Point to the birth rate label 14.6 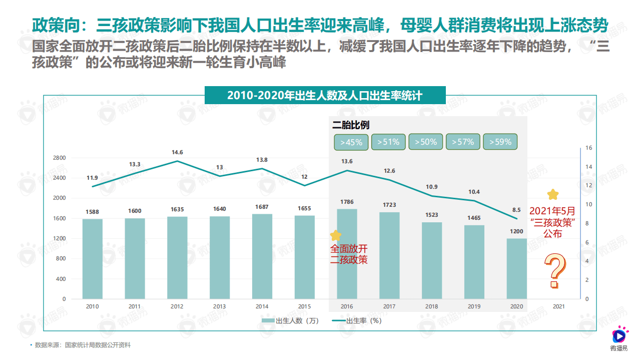pos(177,152)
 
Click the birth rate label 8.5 pos(516,210)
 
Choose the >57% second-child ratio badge pos(463,142)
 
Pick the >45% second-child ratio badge pos(351,142)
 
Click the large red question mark pos(554,271)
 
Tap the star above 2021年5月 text pos(552,194)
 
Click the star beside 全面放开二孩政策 pos(335,235)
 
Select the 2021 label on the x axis pos(558,306)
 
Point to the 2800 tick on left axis pos(60,158)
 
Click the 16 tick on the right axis pos(588,148)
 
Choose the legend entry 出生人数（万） pos(290,321)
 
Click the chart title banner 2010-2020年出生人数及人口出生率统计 pos(325,95)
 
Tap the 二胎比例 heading pos(351,125)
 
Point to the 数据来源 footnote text pos(82,345)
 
